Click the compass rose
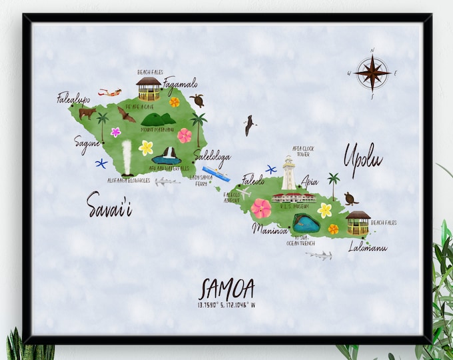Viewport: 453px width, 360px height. click(x=372, y=73)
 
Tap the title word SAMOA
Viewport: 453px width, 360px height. click(x=226, y=289)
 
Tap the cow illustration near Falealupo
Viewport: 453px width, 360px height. click(x=87, y=113)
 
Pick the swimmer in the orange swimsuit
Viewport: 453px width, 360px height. click(x=110, y=92)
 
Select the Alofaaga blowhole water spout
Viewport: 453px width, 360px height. click(x=127, y=157)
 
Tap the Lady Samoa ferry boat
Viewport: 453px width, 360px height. click(x=216, y=173)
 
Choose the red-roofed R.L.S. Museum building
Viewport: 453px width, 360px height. click(x=294, y=197)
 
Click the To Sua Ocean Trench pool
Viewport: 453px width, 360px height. click(x=306, y=223)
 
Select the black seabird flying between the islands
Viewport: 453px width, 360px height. click(x=249, y=124)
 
